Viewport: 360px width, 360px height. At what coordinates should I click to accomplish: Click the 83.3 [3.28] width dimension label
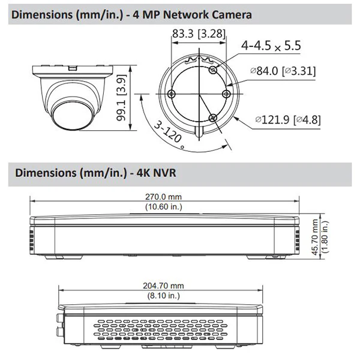click(199, 34)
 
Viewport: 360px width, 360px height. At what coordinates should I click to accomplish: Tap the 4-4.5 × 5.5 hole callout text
click(271, 46)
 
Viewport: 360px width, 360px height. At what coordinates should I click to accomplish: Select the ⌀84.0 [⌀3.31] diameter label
click(283, 71)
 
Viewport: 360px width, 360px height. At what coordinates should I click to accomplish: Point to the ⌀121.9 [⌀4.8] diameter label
click(288, 119)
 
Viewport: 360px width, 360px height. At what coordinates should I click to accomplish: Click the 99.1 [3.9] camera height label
click(121, 98)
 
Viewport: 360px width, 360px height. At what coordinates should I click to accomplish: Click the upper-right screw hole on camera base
click(213, 70)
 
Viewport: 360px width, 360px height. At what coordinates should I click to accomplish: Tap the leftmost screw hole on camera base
click(172, 94)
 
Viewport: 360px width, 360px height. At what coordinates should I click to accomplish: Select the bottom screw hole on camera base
click(213, 118)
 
